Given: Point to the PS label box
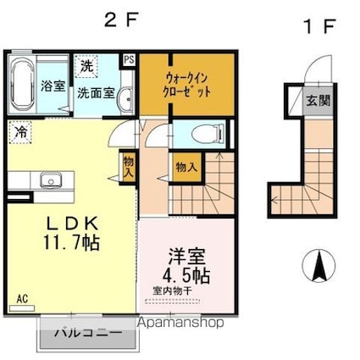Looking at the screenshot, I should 130,59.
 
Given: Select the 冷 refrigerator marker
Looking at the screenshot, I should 19,132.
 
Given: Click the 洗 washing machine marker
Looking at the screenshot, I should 86,65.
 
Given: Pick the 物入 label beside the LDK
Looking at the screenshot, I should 129,165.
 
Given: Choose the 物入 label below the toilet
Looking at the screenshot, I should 186,167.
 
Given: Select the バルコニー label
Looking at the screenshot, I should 87,332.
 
